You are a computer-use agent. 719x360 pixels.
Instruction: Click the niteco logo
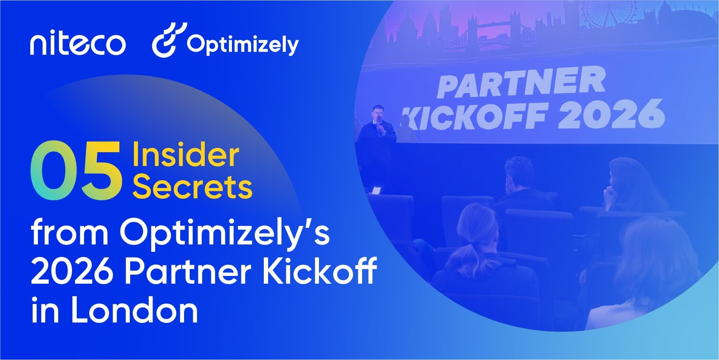pos(78,44)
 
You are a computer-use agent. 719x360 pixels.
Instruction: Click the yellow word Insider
pos(186,155)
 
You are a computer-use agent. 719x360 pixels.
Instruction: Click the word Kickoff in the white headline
pos(319,270)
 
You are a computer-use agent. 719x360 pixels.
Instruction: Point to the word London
pos(134,310)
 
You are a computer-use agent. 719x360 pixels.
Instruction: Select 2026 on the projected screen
pos(612,114)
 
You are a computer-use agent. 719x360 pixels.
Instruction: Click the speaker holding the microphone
pos(378,129)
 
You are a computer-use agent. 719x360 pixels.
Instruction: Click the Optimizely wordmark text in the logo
pos(243,44)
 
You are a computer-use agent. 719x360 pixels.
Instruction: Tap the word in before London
pos(45,310)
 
